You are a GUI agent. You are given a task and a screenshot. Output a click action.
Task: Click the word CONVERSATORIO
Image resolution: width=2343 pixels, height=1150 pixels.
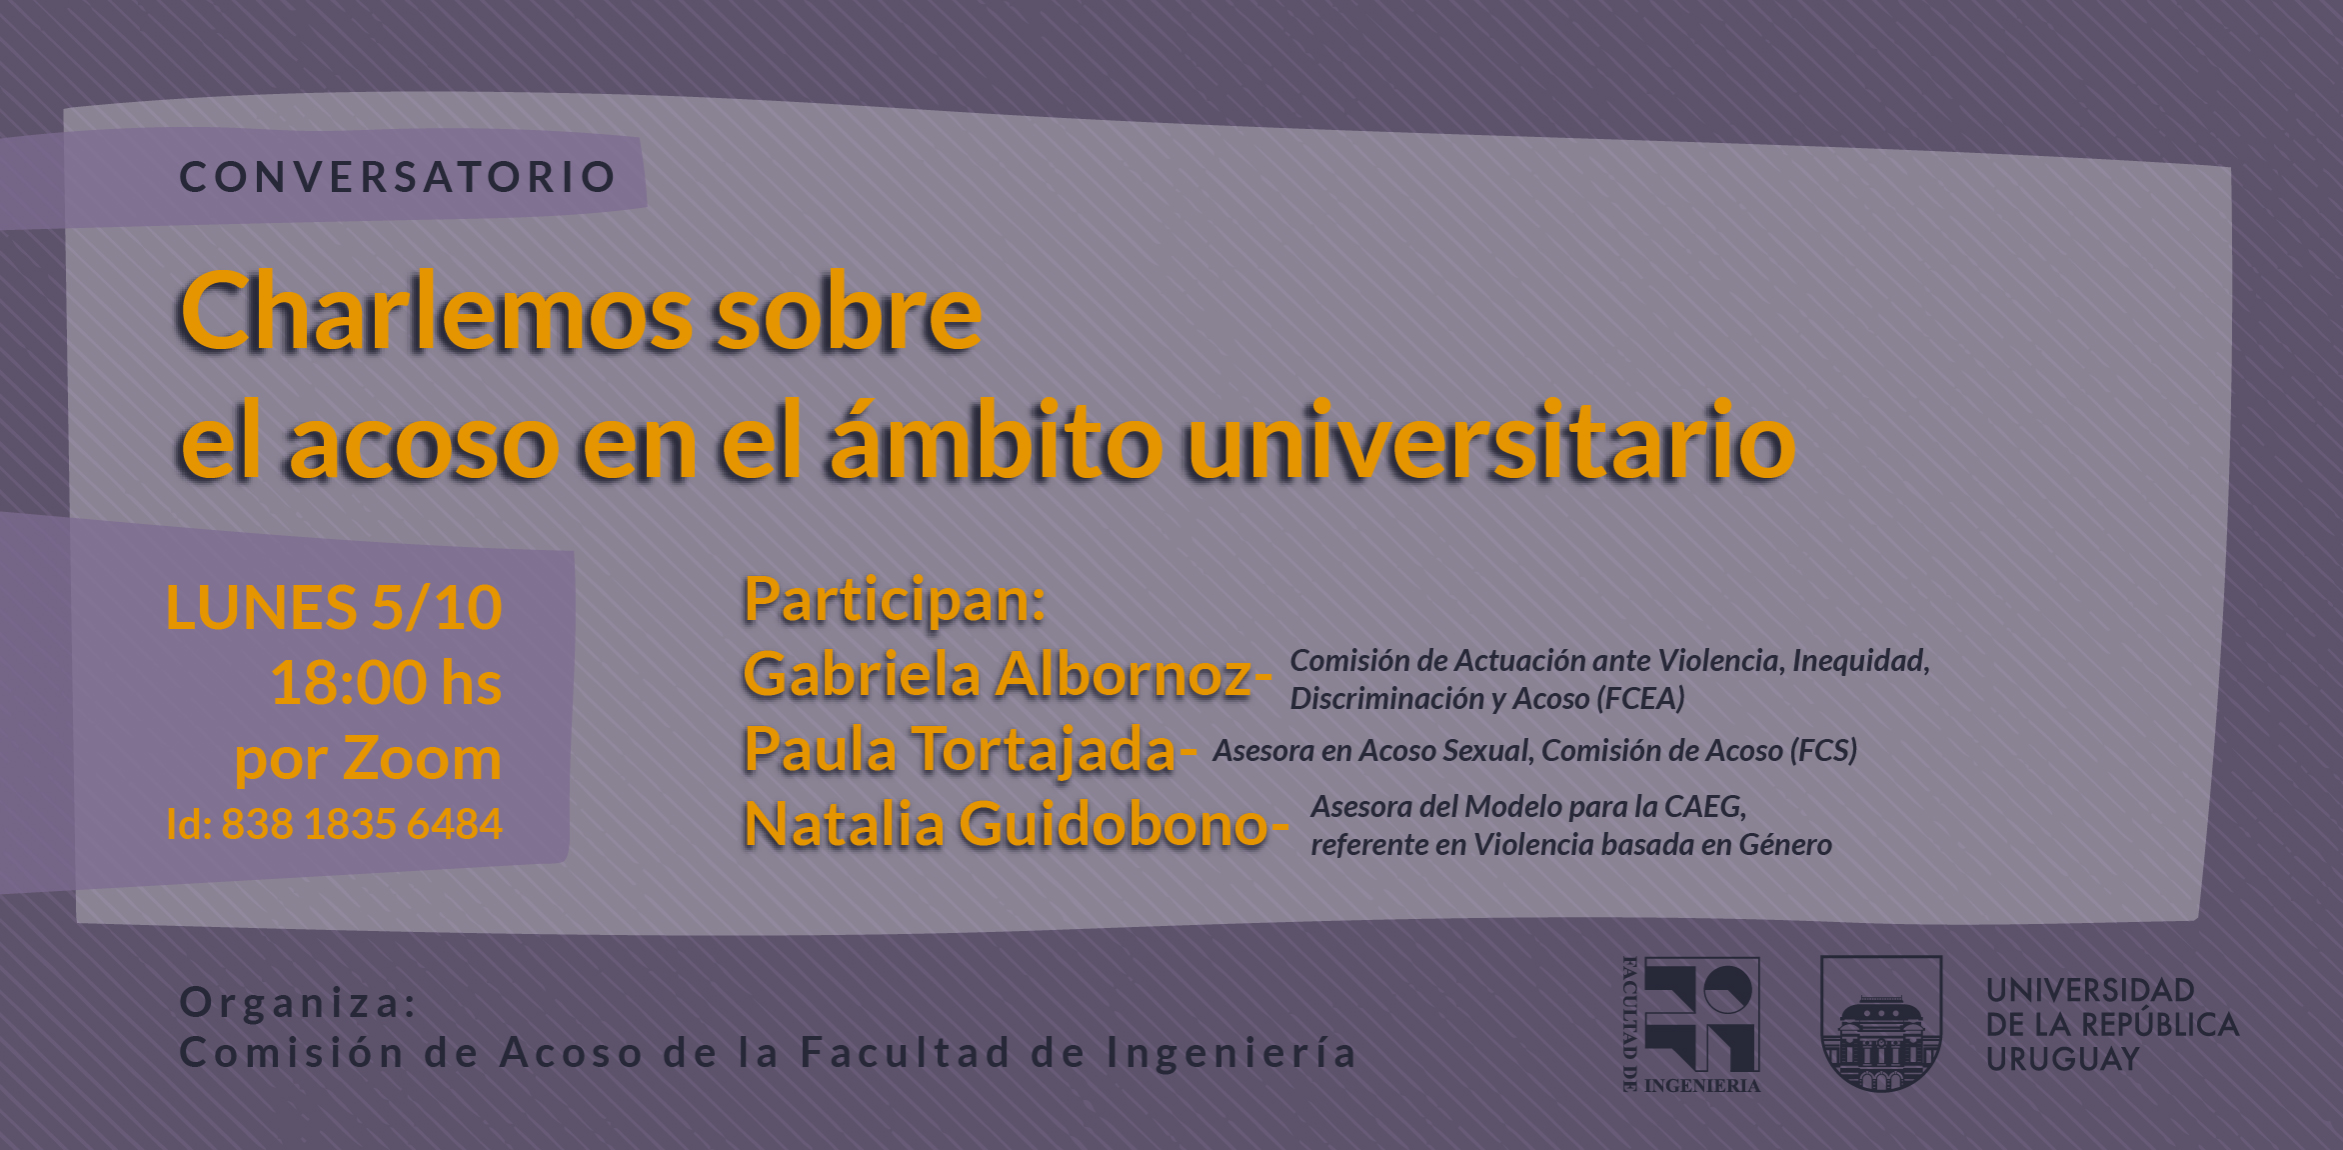tap(398, 177)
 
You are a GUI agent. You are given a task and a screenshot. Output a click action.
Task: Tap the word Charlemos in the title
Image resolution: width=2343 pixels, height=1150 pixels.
tap(436, 312)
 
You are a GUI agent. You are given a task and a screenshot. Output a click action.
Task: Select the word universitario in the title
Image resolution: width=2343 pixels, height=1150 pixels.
tap(1490, 441)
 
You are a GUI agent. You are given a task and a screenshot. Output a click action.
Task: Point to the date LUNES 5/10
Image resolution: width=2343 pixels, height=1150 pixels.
tap(334, 607)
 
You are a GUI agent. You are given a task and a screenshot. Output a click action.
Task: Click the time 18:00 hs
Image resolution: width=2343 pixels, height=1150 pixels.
tap(386, 683)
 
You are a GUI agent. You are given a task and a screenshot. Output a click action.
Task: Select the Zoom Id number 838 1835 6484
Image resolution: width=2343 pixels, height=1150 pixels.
tap(362, 824)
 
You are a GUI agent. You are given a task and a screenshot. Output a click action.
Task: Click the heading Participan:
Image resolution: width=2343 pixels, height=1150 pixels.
tap(895, 601)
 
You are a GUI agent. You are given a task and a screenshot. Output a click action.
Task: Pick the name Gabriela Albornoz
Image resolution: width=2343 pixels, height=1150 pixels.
tap(997, 674)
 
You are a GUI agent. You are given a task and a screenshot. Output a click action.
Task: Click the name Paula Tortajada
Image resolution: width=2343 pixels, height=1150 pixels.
tap(960, 750)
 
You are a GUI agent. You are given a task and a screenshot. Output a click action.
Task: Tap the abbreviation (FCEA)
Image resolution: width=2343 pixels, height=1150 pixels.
tap(1641, 698)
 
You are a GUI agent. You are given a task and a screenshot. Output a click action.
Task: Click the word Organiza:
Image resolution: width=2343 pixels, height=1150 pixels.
tap(298, 1002)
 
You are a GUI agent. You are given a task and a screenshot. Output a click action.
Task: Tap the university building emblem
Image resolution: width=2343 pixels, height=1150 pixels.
tap(1881, 1024)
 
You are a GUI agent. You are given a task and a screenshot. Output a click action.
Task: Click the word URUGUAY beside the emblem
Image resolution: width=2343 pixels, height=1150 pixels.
tap(2062, 1058)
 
